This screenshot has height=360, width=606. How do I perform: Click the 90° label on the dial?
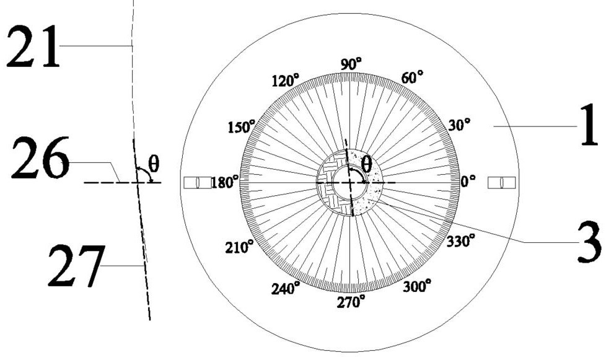[351, 64]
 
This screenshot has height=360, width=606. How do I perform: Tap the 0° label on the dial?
[468, 181]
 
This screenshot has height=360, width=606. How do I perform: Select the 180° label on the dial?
[225, 182]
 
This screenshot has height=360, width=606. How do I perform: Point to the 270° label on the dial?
[351, 302]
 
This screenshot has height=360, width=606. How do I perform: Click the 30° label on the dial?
[459, 125]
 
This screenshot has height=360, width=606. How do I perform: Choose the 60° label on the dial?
[412, 77]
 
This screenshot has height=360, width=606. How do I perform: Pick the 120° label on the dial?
[286, 81]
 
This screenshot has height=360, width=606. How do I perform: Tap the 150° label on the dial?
[242, 126]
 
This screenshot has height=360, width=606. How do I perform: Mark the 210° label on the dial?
[239, 247]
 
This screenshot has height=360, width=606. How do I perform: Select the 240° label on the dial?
[285, 288]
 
